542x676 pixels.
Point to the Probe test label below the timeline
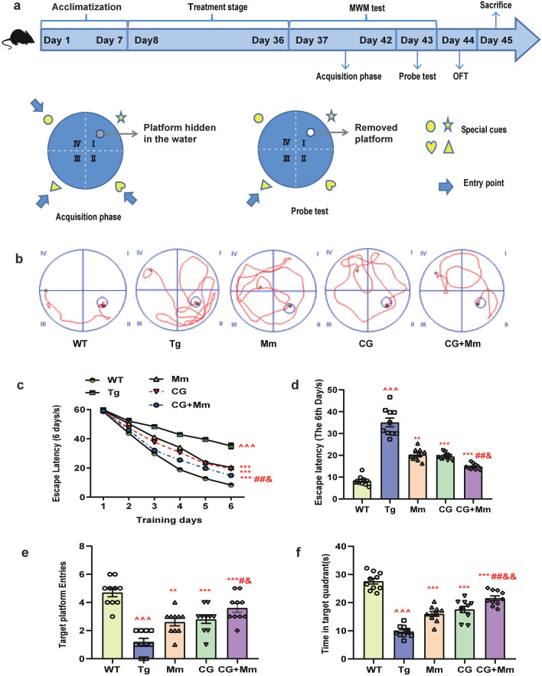pos(416,77)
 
